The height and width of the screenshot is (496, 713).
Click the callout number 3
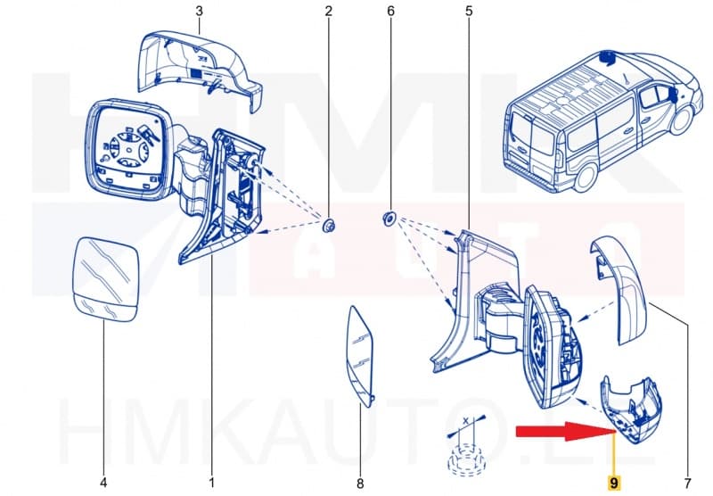tap(199, 12)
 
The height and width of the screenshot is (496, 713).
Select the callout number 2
tap(328, 12)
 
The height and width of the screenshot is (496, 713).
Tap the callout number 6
tap(389, 12)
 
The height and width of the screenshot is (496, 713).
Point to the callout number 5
tap(469, 12)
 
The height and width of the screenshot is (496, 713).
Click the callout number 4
tap(102, 483)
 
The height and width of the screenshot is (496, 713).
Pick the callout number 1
tap(211, 483)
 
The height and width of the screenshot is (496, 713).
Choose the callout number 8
tap(360, 484)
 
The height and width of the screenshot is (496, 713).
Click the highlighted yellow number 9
tap(612, 483)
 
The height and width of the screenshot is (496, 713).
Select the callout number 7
tap(686, 483)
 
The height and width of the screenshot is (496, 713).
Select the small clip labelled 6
tap(389, 218)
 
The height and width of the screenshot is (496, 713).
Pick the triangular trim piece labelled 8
tap(361, 352)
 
